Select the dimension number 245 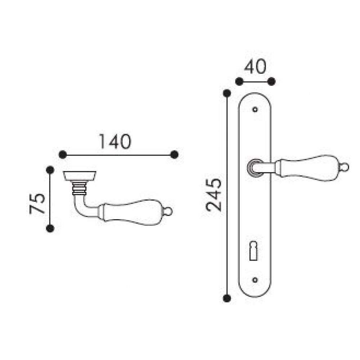pyautogui.click(x=214, y=195)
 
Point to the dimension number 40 pyautogui.click(x=255, y=67)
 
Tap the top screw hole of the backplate pyautogui.click(x=255, y=109)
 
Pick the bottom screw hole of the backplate pyautogui.click(x=255, y=280)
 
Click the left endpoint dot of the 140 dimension pyautogui.click(x=63, y=154)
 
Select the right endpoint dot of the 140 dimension pyautogui.click(x=175, y=154)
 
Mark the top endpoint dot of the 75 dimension pyautogui.click(x=50, y=170)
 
